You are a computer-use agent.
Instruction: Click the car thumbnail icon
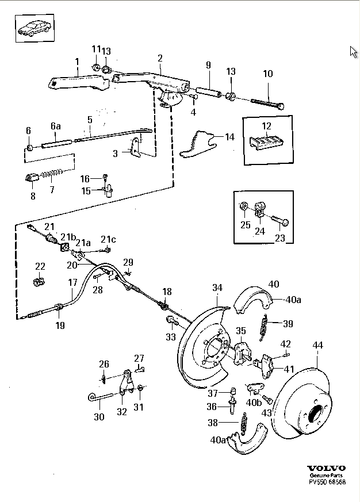point(35,28)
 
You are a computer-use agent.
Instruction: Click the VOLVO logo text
point(327,469)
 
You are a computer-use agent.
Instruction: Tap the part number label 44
point(317,345)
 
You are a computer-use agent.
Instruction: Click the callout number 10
point(268,74)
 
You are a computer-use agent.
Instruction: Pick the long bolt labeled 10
point(267,104)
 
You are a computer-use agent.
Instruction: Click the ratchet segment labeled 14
point(198,144)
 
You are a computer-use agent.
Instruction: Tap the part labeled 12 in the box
point(266,142)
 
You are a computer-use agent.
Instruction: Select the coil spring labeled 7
point(51,174)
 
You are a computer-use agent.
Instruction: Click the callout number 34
point(217,288)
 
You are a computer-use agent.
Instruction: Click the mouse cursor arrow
point(354,52)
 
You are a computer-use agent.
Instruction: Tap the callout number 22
point(40,266)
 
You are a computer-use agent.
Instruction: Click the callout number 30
point(99,416)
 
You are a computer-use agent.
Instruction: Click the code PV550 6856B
point(327,482)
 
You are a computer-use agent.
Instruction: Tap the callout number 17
point(72,282)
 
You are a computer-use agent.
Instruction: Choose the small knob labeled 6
point(29,148)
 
